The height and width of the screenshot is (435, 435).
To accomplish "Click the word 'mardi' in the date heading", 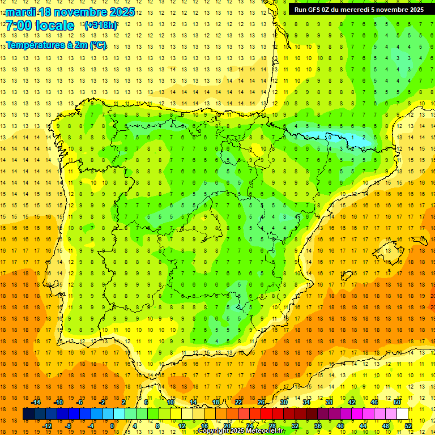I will pos(20,12).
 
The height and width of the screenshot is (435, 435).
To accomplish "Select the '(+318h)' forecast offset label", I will pos(100,25).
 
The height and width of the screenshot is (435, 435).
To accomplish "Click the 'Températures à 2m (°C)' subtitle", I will pos(56,45).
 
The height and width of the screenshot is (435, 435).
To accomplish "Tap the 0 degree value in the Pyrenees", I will pos(330,137).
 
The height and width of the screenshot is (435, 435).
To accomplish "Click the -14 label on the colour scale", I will pos(36,402).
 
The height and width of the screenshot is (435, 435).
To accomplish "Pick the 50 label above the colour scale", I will pos(397,402).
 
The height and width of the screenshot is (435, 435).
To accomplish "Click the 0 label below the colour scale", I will pos(112,425).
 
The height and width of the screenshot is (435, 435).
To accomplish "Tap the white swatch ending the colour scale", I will pos(402,414).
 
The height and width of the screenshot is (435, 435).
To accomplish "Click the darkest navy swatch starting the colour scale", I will pos(28,414).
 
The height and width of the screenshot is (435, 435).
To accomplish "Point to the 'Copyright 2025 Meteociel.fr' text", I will pos(241,431).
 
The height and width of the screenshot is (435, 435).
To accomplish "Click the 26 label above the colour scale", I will pos(261,402).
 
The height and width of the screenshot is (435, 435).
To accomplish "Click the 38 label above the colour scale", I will pos(329,402).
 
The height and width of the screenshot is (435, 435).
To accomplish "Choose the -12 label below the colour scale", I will pos(47,425).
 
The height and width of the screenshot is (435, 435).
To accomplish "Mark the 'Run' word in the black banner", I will pos(301,9).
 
